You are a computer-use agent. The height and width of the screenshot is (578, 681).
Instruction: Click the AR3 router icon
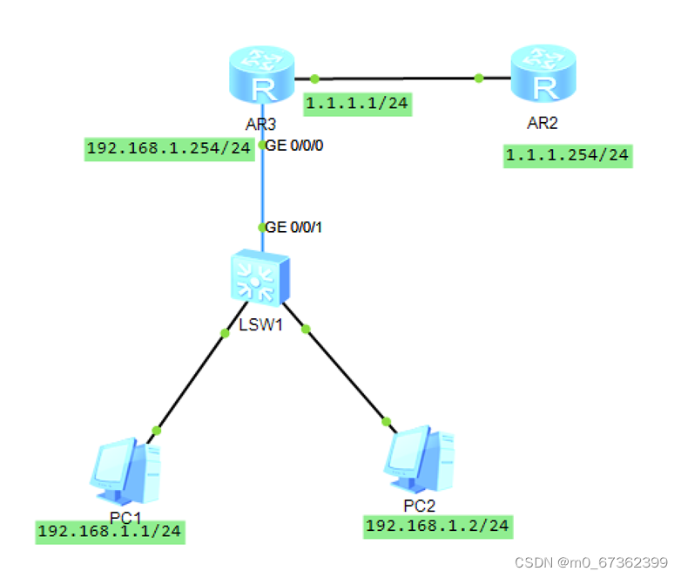point(260,78)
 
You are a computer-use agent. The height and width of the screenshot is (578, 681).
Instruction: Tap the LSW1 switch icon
point(259,280)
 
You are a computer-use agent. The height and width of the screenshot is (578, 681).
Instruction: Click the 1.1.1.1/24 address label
point(357,105)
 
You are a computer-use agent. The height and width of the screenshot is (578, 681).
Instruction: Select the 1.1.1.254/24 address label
point(567,156)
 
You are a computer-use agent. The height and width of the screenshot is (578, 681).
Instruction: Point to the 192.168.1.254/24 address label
point(169,148)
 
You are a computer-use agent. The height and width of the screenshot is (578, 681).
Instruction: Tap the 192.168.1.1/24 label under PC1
point(111,531)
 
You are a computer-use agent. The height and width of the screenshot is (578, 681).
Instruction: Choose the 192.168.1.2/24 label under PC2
point(438,525)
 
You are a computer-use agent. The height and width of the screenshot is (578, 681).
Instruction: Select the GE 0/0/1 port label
point(294,228)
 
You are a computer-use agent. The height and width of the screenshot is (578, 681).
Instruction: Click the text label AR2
point(543,122)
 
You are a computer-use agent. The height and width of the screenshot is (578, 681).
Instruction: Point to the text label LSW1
point(258,327)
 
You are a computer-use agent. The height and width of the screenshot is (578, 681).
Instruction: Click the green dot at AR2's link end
point(479,78)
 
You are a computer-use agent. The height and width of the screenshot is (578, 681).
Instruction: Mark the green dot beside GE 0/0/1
point(261,228)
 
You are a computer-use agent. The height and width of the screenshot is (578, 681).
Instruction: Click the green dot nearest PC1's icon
point(157,430)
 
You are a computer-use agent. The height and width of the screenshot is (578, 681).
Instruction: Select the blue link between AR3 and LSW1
point(261,187)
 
